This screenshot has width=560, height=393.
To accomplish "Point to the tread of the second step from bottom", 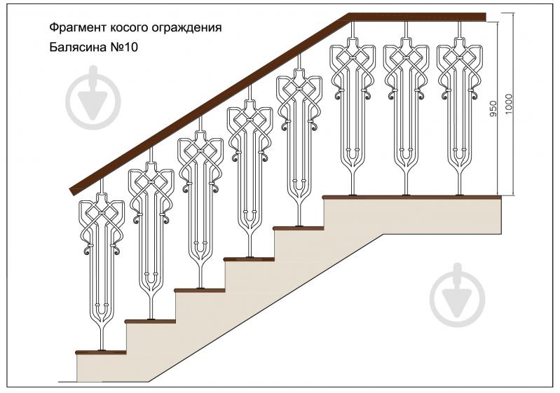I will [x=151, y=321].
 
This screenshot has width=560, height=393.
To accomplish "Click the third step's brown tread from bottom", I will [x=200, y=289].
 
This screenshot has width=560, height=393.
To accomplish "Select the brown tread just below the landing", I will [x=299, y=228].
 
